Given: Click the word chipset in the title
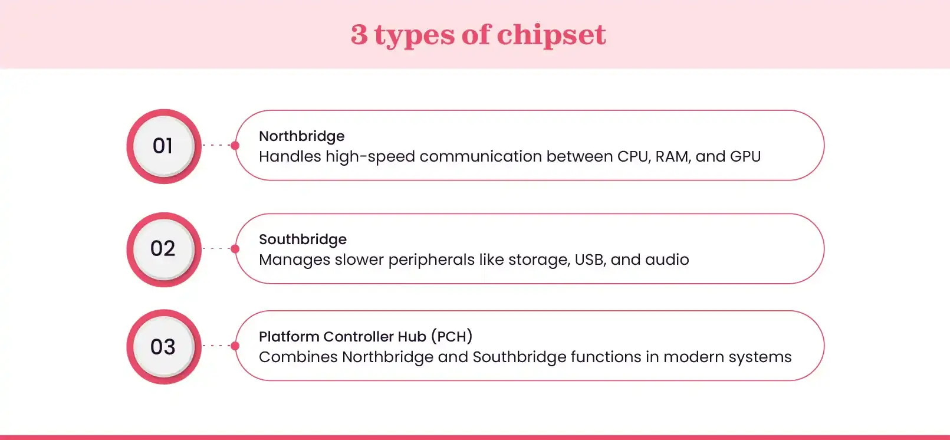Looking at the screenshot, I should click(x=551, y=35).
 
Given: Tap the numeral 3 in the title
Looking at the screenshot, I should click(x=359, y=35).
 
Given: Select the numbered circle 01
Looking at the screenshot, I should click(x=163, y=146).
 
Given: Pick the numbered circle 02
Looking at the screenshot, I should click(x=163, y=249).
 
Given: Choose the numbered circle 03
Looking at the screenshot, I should click(x=163, y=347).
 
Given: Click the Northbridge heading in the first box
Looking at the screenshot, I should click(x=301, y=136).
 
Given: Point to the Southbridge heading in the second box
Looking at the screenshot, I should click(x=303, y=239).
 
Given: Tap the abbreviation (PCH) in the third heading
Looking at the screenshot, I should click(x=452, y=337).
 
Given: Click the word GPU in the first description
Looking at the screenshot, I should click(x=745, y=156).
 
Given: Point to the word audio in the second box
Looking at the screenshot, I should click(x=666, y=260).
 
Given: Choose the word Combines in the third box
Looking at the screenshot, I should click(x=298, y=357).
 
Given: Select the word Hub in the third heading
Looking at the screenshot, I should click(x=412, y=337).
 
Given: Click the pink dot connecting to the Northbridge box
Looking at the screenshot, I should click(x=235, y=145).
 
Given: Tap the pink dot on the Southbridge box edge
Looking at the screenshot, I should click(x=235, y=249).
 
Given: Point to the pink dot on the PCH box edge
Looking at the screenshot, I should click(x=235, y=346).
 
